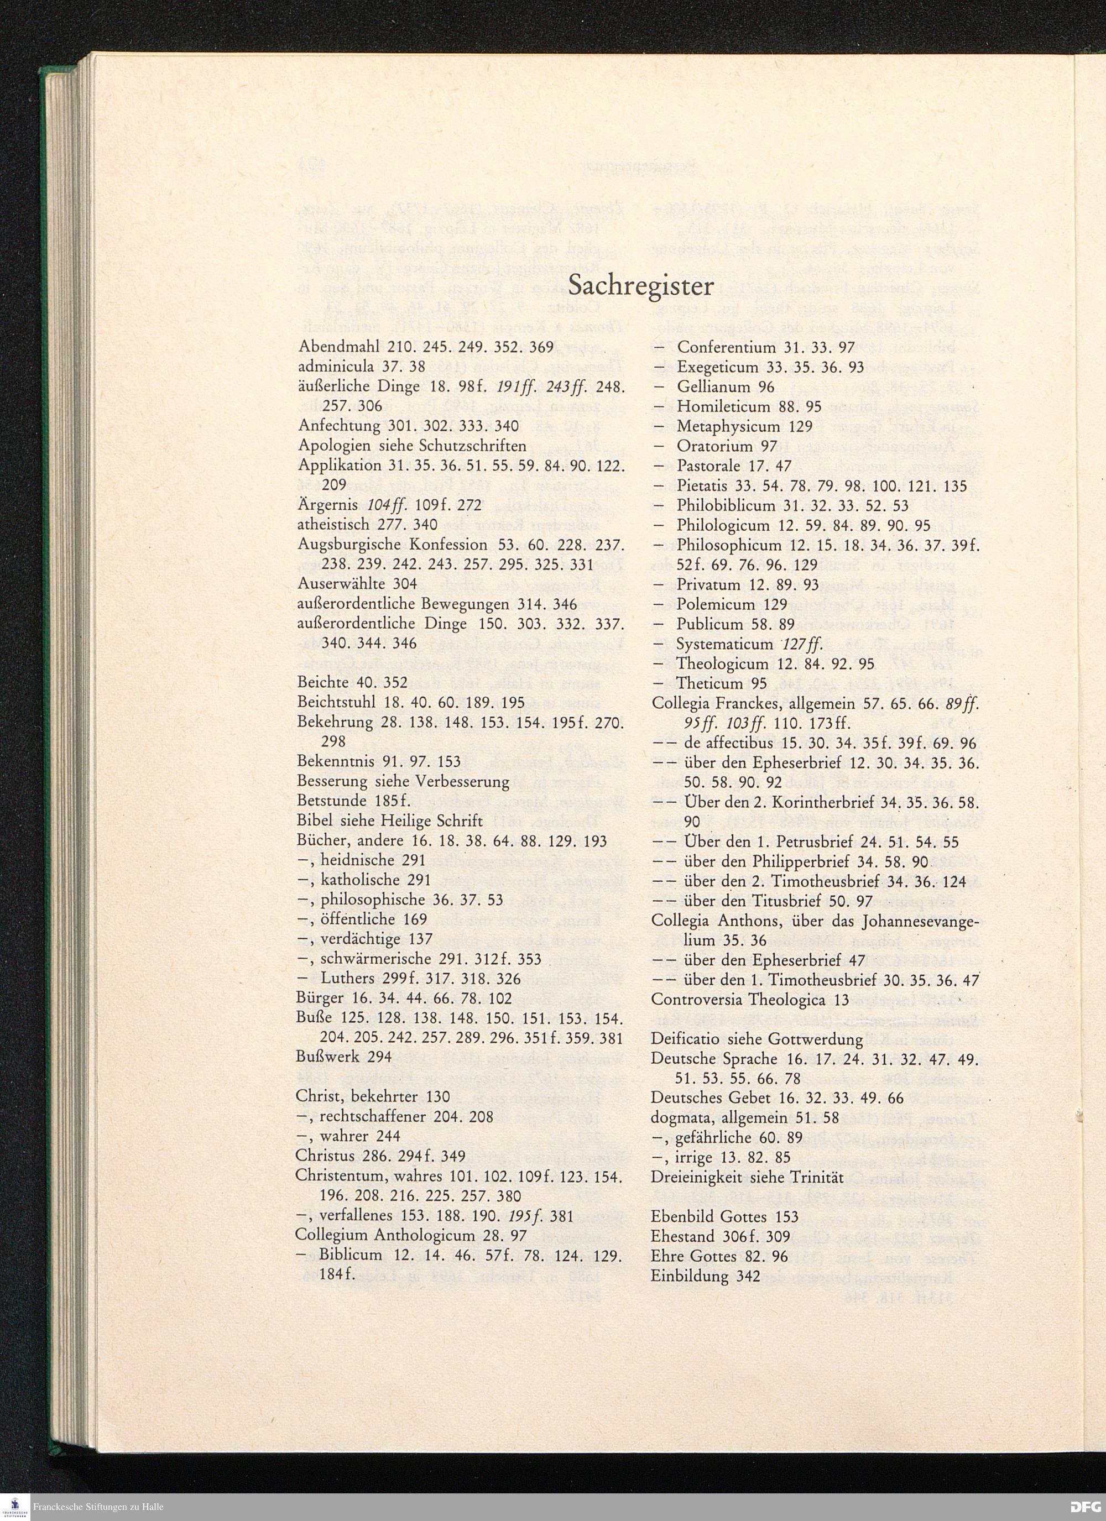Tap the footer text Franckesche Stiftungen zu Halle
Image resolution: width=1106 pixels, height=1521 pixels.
click(x=98, y=1507)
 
